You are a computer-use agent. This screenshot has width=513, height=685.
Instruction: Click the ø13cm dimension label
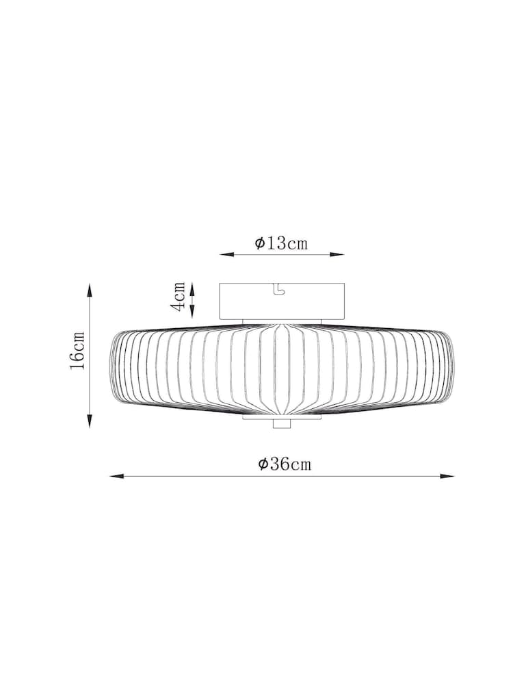pyautogui.click(x=281, y=243)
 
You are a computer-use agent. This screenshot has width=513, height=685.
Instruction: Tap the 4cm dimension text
pyautogui.click(x=179, y=296)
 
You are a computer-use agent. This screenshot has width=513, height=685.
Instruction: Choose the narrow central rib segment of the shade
pyautogui.click(x=281, y=370)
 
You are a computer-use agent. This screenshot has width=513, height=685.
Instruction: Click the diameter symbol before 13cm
pyautogui.click(x=260, y=244)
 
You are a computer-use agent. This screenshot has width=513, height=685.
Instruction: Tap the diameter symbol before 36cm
pyautogui.click(x=263, y=464)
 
